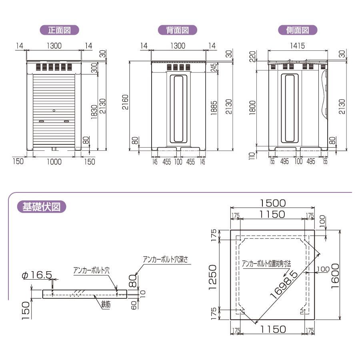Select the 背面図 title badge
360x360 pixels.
(x=177, y=30)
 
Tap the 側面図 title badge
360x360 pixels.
(x=298, y=30)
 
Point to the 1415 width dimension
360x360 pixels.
(x=297, y=46)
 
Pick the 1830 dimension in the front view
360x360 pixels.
(x=94, y=112)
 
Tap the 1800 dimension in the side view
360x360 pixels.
(x=252, y=107)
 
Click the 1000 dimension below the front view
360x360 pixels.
(x=54, y=162)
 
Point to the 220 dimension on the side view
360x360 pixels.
(x=252, y=58)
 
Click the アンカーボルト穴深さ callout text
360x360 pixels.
(x=168, y=260)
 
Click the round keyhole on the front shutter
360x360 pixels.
(x=54, y=110)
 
